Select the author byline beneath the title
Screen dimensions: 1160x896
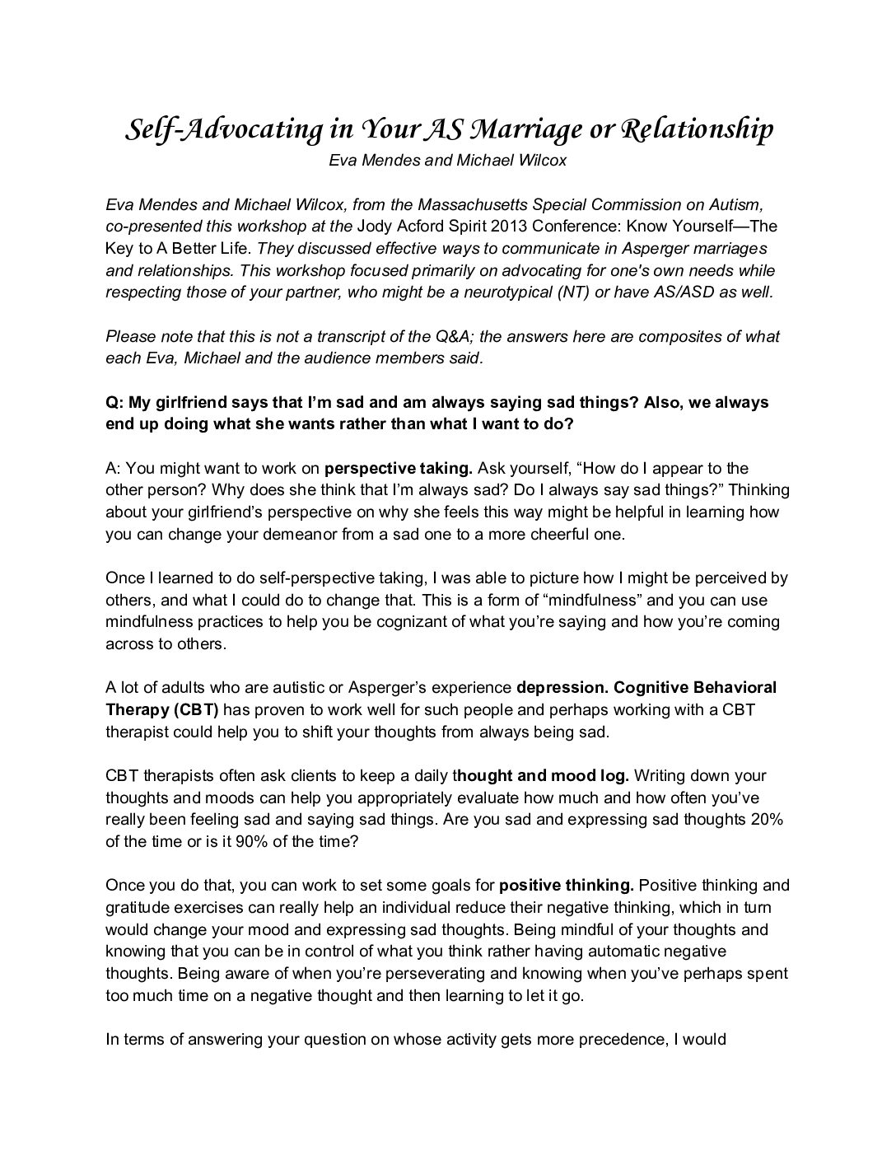[447, 161]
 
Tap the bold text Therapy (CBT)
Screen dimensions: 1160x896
[162, 709]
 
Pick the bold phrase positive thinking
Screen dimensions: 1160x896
[567, 886]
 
